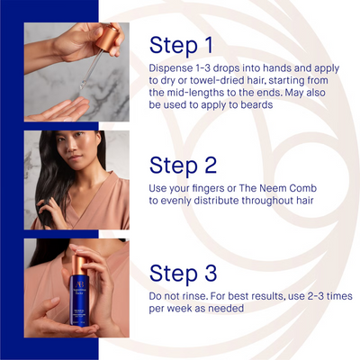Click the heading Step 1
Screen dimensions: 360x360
[181, 46]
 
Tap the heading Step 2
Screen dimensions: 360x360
[183, 166]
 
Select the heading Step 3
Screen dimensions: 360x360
[183, 274]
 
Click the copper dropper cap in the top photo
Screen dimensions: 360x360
[107, 39]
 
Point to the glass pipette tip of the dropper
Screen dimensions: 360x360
[82, 86]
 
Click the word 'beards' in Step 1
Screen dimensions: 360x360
[256, 104]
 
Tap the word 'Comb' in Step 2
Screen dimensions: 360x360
[303, 188]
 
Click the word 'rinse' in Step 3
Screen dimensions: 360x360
[194, 296]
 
